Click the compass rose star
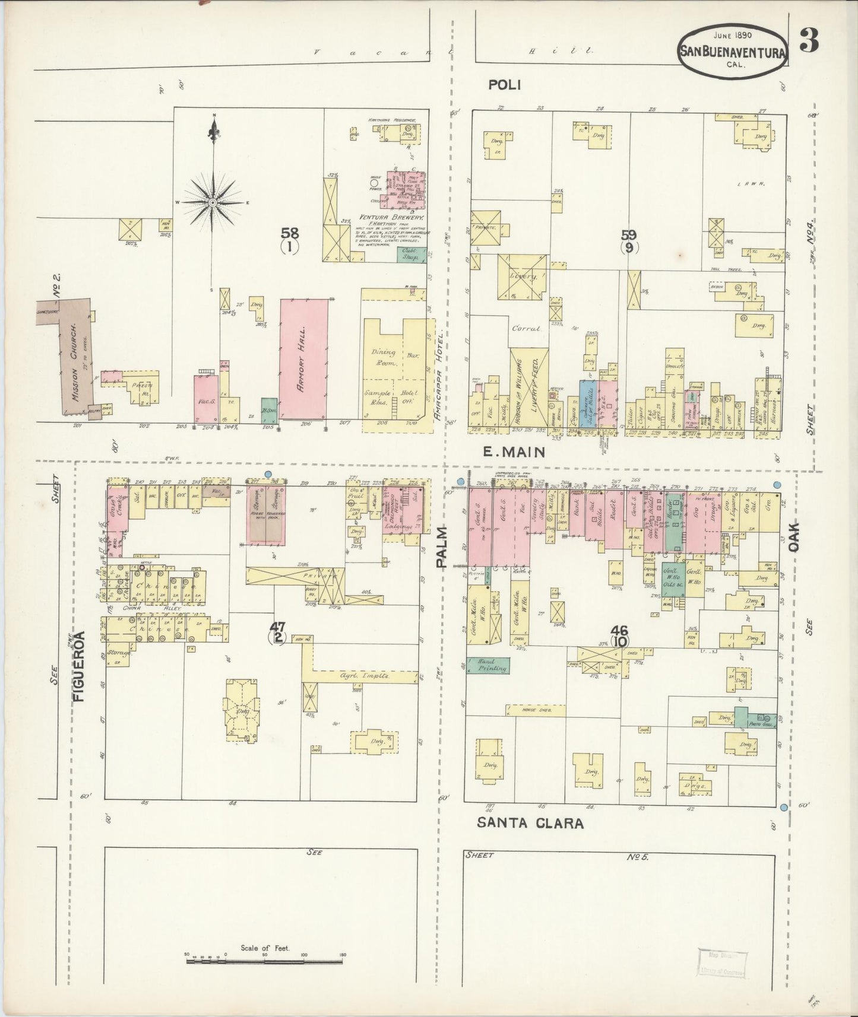pyautogui.click(x=212, y=203)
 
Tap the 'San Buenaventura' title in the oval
pyautogui.click(x=733, y=52)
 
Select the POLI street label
pyautogui.click(x=504, y=85)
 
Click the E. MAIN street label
pyautogui.click(x=514, y=453)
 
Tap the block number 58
pyautogui.click(x=290, y=233)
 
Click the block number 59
pyautogui.click(x=629, y=235)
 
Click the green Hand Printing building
pyautogui.click(x=488, y=665)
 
